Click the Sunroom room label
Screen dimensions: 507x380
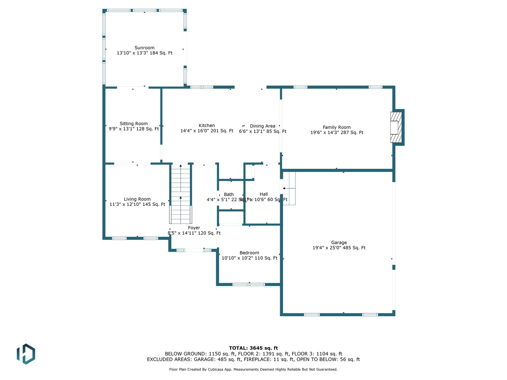point(144,48)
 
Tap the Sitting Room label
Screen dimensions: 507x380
point(134,123)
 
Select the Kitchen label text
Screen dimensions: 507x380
point(207,126)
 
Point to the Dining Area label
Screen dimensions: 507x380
point(262,126)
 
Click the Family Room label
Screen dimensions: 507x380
point(337,127)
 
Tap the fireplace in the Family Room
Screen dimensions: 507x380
point(396,127)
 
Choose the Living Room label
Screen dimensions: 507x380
point(137,199)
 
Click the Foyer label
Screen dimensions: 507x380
point(194,228)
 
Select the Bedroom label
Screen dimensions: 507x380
point(249,253)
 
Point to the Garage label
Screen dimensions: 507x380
point(339,243)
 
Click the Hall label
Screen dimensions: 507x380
point(264,194)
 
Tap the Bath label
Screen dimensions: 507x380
point(229,194)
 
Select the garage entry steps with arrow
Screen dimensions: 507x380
point(289,188)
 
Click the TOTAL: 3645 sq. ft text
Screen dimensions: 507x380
point(253,348)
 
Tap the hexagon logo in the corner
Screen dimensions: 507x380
point(26,354)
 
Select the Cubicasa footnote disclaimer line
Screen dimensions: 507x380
point(253,369)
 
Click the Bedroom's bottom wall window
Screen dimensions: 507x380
point(249,284)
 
